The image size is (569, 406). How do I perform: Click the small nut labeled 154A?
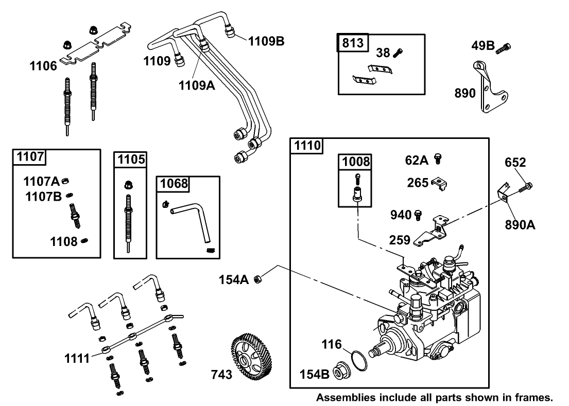click(x=260, y=279)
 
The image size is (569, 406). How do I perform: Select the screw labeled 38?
click(x=398, y=52)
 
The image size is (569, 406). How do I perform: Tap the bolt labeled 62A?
click(x=438, y=158)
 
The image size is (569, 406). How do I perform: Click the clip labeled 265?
click(x=439, y=183)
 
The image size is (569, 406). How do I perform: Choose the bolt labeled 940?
click(x=418, y=214)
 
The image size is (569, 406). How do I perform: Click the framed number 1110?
click(x=307, y=146)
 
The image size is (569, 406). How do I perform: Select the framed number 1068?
click(x=174, y=184)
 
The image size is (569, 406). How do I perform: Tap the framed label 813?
click(x=353, y=43)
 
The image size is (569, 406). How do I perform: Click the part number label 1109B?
click(x=266, y=41)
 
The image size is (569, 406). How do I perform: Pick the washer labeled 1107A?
click(x=66, y=181)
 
